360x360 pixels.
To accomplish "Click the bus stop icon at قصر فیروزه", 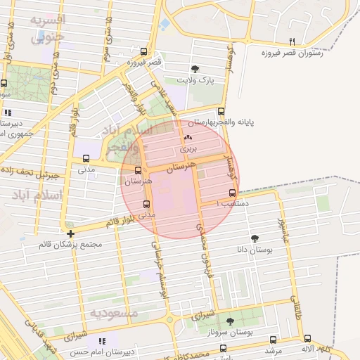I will (x=144, y=51).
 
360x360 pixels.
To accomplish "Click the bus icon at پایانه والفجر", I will (x=221, y=111).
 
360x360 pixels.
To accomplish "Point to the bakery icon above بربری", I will (x=188, y=138).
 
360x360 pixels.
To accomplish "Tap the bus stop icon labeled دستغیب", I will (x=232, y=193).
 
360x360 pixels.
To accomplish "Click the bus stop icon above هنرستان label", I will (x=138, y=171).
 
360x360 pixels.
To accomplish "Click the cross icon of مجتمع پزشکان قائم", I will (x=71, y=233).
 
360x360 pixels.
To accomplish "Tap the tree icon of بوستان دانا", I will (x=255, y=238).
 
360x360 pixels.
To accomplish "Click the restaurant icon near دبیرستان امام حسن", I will (x=104, y=341).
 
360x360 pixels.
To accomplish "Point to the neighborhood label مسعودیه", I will (x=115, y=311).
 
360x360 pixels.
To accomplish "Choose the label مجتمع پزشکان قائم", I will (x=71, y=245).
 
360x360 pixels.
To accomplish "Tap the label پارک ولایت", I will (x=195, y=80).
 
